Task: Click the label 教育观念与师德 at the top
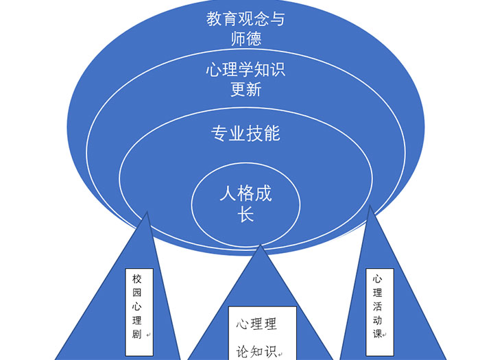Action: coord(245,28)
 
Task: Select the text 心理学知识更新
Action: coord(245,80)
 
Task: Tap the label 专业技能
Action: coord(245,133)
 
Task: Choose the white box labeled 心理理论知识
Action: coord(262,333)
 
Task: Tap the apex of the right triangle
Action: coord(370,206)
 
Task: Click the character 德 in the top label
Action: coord(254,38)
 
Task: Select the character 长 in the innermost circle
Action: coord(245,214)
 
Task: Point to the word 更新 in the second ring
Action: coord(245,90)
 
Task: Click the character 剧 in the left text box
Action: coord(136,335)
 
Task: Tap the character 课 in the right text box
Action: coord(377,333)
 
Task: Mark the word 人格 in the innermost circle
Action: coord(237,193)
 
